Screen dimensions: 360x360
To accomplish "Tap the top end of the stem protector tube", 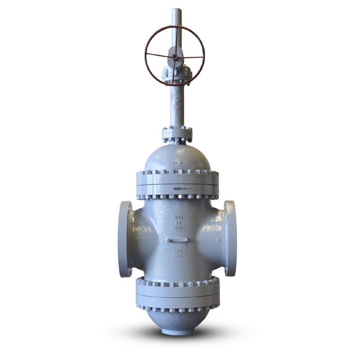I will [x=176, y=10].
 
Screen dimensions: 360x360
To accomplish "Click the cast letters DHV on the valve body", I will [x=178, y=217].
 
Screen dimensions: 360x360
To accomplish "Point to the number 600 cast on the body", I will [x=178, y=229].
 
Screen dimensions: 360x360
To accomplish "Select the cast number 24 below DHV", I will [x=178, y=223].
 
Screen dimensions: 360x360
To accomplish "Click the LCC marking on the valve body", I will [x=178, y=249].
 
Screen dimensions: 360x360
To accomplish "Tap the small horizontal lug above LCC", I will [x=178, y=240].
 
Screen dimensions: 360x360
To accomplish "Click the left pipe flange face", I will [x=125, y=238].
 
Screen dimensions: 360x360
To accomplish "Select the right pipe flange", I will [x=230, y=238].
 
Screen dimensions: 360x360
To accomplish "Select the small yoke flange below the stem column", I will [x=177, y=134].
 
